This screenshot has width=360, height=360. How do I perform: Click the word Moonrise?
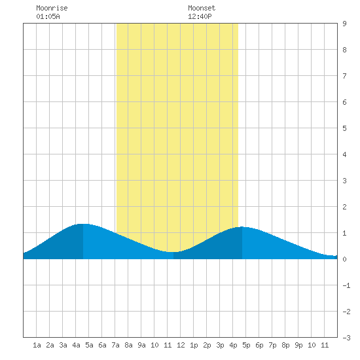coord(52,8)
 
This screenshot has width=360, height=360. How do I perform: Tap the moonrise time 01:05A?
coord(48,16)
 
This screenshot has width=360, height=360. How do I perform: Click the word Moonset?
coord(202,8)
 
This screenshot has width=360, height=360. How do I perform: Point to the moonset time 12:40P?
coord(200,16)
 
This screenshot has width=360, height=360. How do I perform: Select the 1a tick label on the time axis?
coord(37,345)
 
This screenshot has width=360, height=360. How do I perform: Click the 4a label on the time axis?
coord(76,345)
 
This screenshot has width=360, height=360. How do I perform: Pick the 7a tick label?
coord(115,345)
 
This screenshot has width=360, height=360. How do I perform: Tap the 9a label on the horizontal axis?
coord(141,345)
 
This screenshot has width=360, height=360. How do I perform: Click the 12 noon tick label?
coord(181,345)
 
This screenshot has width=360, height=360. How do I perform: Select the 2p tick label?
coord(207,345)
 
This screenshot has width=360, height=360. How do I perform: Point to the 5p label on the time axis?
coord(246,345)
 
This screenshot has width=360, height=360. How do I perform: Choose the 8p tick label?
coord(285,345)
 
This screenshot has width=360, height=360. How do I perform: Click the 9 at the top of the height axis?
coord(344,24)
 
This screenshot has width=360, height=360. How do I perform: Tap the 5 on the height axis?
coord(344,128)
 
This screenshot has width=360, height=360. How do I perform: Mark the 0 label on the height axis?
coord(344,259)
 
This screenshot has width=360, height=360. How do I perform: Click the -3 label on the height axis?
coord(346,338)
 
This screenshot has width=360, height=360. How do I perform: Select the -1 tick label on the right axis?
coord(346,285)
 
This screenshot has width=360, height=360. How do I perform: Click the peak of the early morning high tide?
coord(83,224)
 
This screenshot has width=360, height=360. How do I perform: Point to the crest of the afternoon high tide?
coord(242,227)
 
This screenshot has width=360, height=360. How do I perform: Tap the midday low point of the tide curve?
coord(173,252)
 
